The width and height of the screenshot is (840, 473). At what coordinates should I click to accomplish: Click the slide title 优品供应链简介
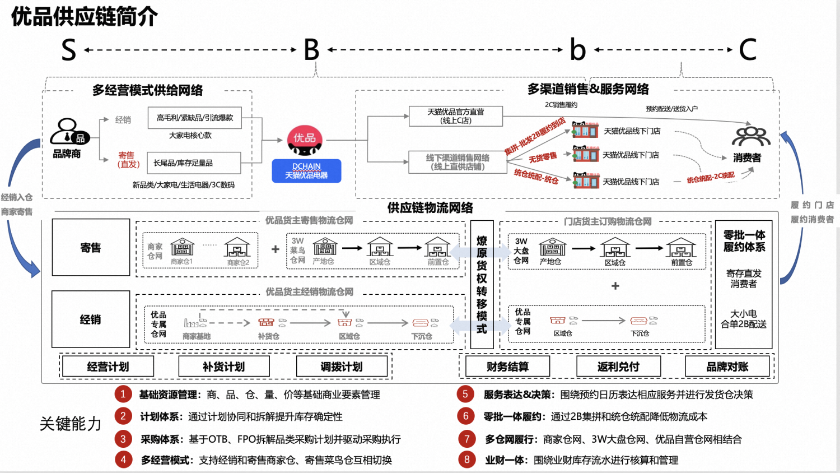coord(85,17)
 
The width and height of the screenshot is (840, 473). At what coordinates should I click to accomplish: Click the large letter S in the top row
coord(68,50)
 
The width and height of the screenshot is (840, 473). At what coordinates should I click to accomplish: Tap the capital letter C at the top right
coord(748,50)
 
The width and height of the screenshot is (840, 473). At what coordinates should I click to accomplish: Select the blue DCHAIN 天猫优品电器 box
coord(306,171)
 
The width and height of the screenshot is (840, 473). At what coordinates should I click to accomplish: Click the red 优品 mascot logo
coord(305,140)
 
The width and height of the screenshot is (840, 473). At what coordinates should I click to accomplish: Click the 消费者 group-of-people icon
coord(750,136)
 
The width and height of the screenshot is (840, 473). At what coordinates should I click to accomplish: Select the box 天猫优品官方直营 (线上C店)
coord(456,116)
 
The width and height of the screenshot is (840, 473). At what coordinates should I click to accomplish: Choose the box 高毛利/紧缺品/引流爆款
coord(195,118)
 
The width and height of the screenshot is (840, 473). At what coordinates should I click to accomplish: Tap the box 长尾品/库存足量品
coord(194,163)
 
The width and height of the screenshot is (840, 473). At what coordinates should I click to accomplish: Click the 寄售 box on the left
coord(91,248)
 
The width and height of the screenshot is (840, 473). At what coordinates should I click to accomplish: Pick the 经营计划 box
coord(108,367)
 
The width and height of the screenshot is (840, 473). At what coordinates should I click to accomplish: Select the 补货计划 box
coord(224,367)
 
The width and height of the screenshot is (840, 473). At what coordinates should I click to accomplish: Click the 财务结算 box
coord(507,367)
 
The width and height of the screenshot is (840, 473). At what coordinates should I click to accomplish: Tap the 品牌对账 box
coord(727,367)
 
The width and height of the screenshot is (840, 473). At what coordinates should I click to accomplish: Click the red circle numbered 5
coord(465,394)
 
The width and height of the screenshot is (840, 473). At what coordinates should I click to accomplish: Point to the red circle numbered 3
coord(123,439)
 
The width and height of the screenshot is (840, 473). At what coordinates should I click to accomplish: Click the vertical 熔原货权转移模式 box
coord(482,285)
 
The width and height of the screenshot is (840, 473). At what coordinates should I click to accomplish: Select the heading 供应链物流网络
coord(430,208)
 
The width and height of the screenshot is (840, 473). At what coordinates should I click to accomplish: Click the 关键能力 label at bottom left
coord(71,424)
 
